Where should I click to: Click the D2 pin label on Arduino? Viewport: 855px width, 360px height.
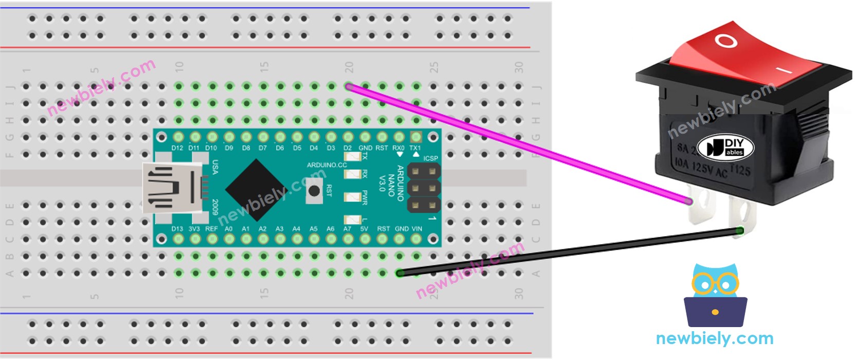348,148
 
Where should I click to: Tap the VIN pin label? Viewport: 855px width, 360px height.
416,229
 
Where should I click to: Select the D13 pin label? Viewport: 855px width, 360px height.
177,229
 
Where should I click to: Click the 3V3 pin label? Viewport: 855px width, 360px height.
194,229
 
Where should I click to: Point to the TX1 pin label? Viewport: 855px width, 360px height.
415,148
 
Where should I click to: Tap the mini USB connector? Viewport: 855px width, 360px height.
172,188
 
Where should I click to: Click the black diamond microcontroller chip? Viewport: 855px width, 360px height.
255,189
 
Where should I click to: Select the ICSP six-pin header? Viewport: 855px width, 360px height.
424,188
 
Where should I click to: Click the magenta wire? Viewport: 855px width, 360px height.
514,142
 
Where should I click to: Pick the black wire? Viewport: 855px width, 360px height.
566,251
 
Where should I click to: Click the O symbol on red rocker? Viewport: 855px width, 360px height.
726,41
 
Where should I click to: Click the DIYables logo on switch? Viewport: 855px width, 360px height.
725,147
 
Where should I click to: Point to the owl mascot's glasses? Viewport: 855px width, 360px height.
715,283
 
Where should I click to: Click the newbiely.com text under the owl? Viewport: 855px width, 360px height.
714,338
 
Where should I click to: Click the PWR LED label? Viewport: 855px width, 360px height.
365,197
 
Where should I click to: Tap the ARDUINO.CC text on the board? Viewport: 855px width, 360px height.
326,165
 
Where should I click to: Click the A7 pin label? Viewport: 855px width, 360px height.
348,229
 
